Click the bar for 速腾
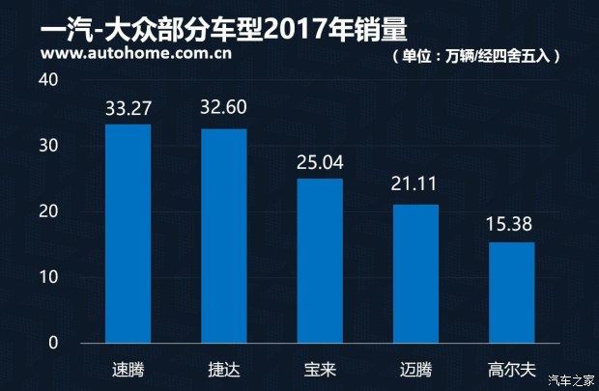pos(128,234)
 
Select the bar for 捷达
pos(223,236)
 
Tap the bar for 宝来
pos(319,261)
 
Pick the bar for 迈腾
pos(415,273)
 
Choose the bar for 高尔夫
pos(511,293)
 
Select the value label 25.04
pos(319,160)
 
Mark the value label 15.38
pos(511,224)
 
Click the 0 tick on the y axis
pos(53,343)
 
